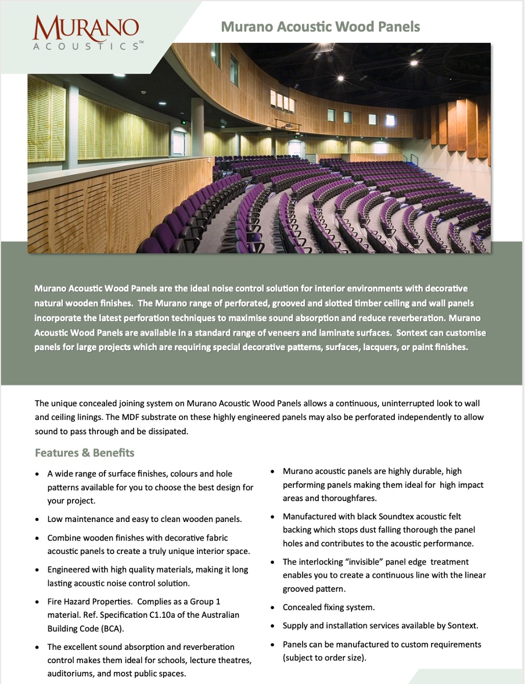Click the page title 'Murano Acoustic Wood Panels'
pyautogui.click(x=320, y=27)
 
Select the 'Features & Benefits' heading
pyautogui.click(x=85, y=452)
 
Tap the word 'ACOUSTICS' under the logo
pyautogui.click(x=86, y=46)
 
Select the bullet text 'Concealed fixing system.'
pyautogui.click(x=329, y=607)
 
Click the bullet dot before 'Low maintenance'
pyautogui.click(x=37, y=519)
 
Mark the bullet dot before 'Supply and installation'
pyautogui.click(x=272, y=626)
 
